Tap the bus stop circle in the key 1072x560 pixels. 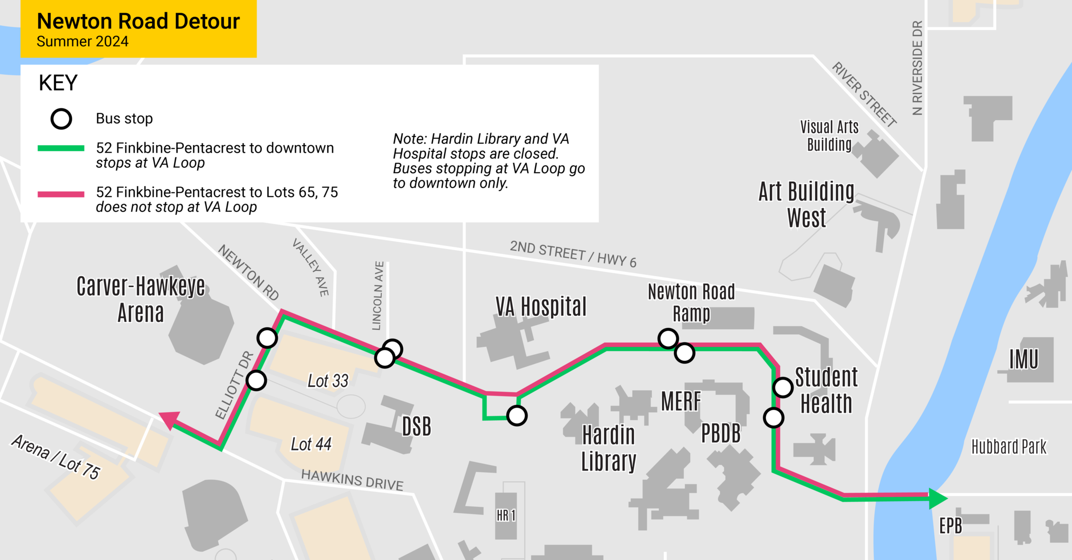[61, 119]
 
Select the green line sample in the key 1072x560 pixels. [61, 148]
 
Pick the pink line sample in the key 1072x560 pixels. [61, 194]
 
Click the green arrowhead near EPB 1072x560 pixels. [937, 498]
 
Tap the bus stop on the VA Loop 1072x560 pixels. [517, 416]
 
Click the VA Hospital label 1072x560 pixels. [541, 307]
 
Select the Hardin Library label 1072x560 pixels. [608, 448]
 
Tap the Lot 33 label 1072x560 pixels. [328, 381]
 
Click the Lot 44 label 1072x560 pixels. [311, 444]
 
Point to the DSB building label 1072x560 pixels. [416, 426]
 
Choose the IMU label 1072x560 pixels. [1024, 359]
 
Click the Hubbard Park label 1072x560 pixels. [1009, 447]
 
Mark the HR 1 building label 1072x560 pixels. [506, 516]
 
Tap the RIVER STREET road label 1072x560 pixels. [864, 94]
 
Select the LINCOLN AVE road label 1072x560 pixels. [378, 296]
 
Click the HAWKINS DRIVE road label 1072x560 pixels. [352, 480]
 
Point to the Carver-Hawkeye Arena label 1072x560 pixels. [141, 299]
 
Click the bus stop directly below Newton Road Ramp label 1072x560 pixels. [668, 339]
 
